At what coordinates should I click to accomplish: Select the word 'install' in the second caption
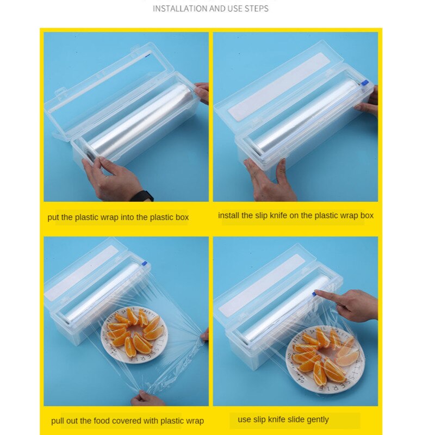[229, 215]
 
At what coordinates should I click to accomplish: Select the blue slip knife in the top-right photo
[364, 83]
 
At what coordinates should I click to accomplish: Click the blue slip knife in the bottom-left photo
[145, 264]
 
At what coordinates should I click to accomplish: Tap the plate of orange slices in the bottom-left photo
[134, 334]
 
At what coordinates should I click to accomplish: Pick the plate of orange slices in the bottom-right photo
[325, 357]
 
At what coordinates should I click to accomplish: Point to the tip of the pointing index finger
[317, 294]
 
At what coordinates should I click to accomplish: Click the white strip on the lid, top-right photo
[279, 87]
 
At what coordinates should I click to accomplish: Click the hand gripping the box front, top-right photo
[269, 179]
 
